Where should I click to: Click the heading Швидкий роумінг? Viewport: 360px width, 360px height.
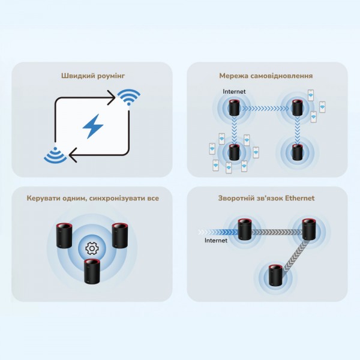(x=92, y=76)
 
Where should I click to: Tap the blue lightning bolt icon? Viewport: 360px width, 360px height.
(x=92, y=126)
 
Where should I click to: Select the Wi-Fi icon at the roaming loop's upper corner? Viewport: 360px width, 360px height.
(x=128, y=97)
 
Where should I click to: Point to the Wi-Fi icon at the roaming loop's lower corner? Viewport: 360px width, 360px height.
(x=55, y=155)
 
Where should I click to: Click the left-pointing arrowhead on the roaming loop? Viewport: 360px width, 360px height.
(x=73, y=157)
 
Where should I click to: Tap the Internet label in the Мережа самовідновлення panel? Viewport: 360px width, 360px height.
(x=234, y=92)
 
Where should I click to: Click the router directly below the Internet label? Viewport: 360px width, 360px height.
(x=234, y=109)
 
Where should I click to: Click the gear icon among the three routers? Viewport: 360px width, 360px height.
(x=92, y=247)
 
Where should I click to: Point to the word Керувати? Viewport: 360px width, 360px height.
(x=43, y=198)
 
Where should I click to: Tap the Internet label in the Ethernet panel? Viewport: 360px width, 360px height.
(x=216, y=241)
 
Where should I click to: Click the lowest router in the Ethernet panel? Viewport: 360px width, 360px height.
(x=275, y=275)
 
